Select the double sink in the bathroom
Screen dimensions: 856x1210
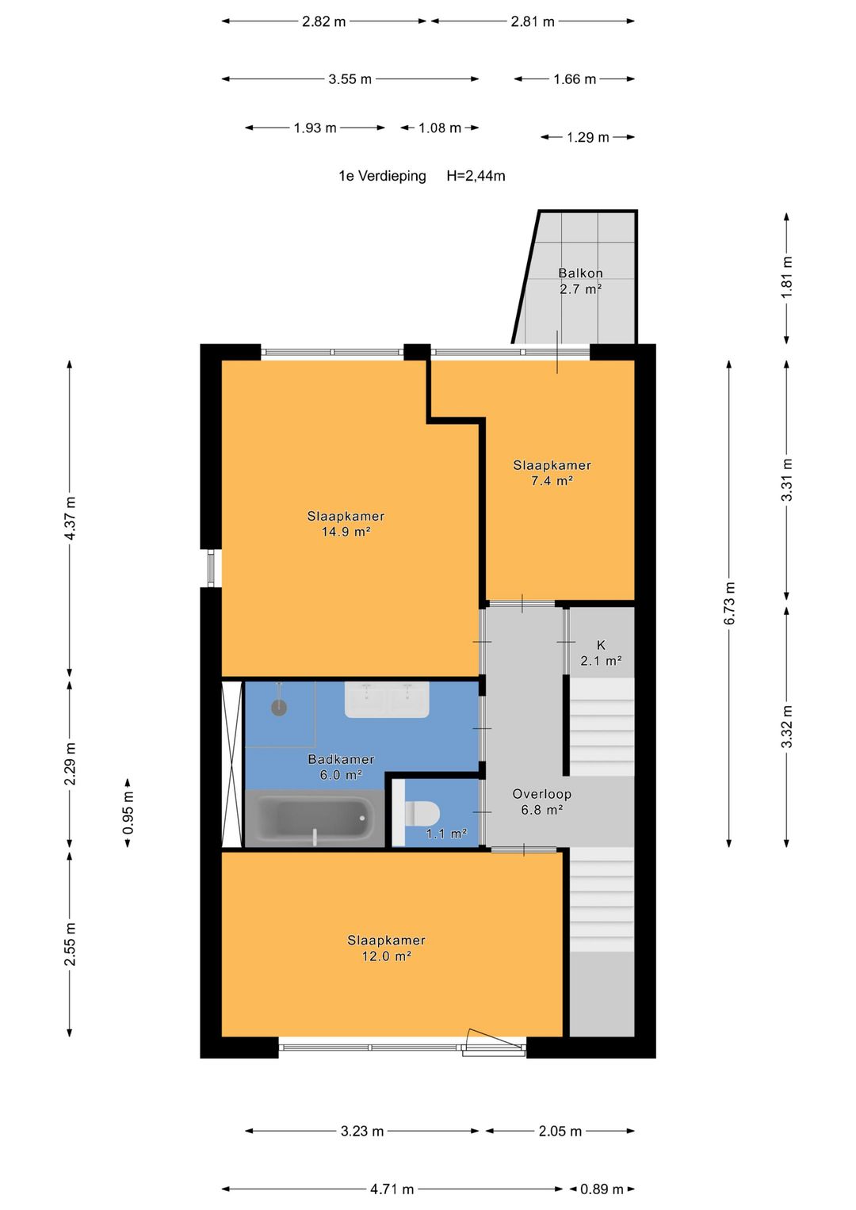click(x=387, y=700)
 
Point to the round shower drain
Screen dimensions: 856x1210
click(x=279, y=708)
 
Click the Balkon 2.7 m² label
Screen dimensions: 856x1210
click(x=580, y=281)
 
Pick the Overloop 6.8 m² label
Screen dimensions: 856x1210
click(x=541, y=802)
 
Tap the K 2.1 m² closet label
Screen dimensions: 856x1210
click(x=601, y=652)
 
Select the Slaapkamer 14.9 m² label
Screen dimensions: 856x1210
click(x=346, y=524)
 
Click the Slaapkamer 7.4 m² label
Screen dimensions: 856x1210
click(x=552, y=472)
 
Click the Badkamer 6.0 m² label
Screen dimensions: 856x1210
click(x=341, y=766)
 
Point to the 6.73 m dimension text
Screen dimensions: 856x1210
click(x=729, y=603)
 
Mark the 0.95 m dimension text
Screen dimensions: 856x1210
click(x=128, y=812)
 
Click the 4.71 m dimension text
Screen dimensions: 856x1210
click(x=392, y=1189)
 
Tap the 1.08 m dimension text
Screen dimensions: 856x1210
click(x=440, y=128)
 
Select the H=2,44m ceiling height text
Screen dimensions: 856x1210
click(x=476, y=176)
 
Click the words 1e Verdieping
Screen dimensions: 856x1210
click(x=382, y=176)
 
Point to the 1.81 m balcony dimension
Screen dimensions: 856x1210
click(x=787, y=276)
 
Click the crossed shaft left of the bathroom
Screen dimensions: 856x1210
click(x=232, y=764)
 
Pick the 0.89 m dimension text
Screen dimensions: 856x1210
click(x=602, y=1189)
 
